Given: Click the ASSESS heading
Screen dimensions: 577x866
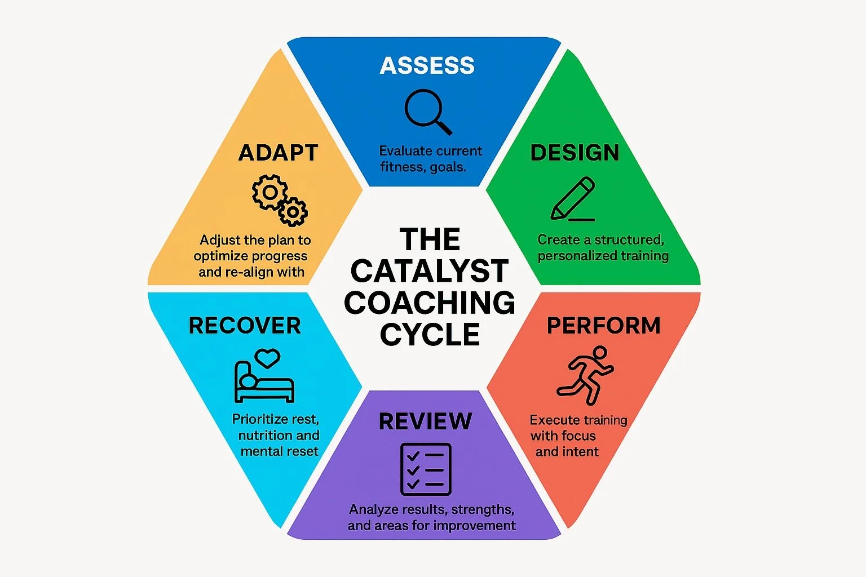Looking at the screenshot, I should [x=427, y=66].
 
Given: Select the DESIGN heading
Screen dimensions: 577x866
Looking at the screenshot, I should [x=575, y=153].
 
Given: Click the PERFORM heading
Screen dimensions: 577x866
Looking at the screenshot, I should [x=603, y=326].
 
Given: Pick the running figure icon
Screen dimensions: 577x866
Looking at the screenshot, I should [x=585, y=375].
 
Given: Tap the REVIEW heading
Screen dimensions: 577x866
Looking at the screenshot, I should [x=425, y=421].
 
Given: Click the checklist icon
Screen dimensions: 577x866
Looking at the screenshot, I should [x=426, y=469].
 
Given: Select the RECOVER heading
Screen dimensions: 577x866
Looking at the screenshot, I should [x=245, y=326].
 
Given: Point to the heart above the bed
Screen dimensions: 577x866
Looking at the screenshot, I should [x=267, y=357].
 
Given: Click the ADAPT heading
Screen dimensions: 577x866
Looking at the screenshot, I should [x=278, y=153].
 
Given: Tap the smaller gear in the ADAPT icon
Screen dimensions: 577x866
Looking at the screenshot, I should [x=293, y=212].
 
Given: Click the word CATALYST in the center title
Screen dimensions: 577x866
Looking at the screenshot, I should [x=430, y=272].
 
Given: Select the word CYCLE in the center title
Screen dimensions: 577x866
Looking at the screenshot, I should [x=430, y=335].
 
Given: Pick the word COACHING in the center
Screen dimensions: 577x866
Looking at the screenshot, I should [x=430, y=303].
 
